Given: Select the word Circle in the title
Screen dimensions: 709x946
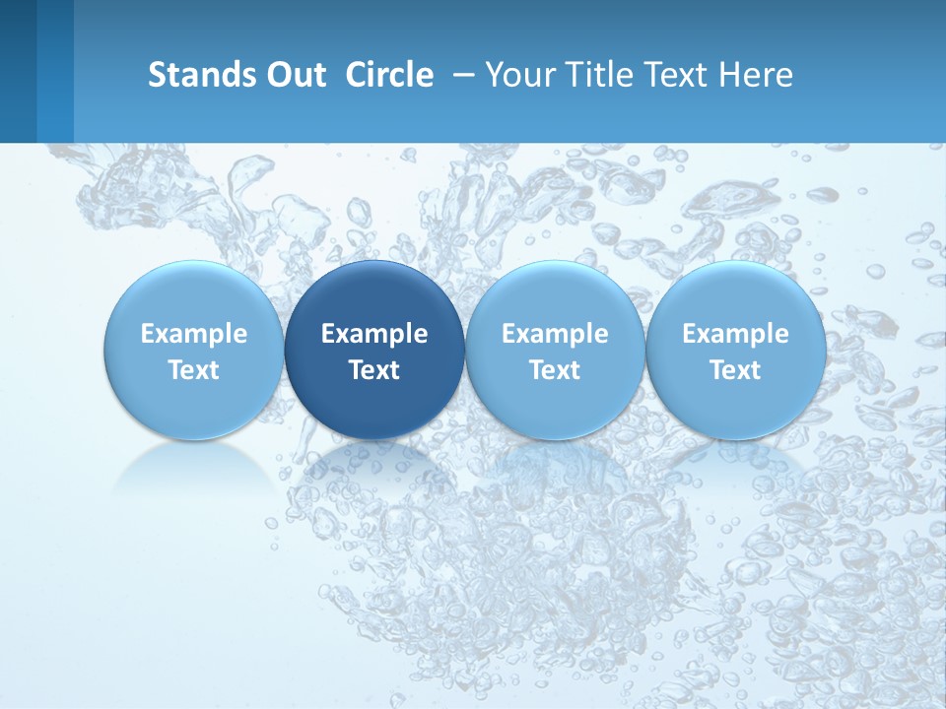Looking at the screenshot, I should coord(389,75).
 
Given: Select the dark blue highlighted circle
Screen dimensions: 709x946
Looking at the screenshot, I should coord(374,350).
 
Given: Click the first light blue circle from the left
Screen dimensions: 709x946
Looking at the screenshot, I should coord(193,350).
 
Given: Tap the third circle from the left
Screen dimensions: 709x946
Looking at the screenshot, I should coord(555,350).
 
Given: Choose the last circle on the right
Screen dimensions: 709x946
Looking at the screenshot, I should coord(735,350).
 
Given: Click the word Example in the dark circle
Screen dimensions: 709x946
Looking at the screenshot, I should coord(374,334).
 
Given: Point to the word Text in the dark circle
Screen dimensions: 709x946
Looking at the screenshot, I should coord(374,370).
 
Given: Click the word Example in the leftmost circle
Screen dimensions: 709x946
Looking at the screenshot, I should coord(193,334).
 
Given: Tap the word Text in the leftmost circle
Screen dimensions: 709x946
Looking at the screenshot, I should coord(193,370).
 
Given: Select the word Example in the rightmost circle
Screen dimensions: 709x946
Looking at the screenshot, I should coord(735,334).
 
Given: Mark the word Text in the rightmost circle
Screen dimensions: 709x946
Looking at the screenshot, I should coord(735,370).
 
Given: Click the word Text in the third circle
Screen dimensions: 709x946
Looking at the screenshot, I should coord(555,370).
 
